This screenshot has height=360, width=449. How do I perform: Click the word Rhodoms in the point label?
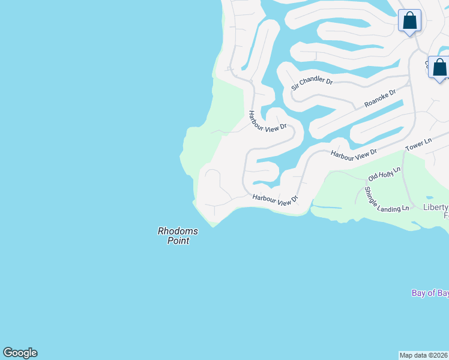178,231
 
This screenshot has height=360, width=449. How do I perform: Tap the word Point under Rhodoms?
178,241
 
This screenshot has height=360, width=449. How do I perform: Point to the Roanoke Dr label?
380,99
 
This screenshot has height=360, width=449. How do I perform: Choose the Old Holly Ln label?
384,175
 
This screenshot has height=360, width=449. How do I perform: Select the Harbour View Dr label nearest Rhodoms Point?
275,200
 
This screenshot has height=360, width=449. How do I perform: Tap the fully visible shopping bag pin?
410,22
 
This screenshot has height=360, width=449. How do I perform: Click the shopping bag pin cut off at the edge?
439,68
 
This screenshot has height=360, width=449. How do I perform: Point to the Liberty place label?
436,207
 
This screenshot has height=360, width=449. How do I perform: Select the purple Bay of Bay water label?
430,293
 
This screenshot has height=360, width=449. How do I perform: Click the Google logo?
20,353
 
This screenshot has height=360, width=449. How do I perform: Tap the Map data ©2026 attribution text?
424,355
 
